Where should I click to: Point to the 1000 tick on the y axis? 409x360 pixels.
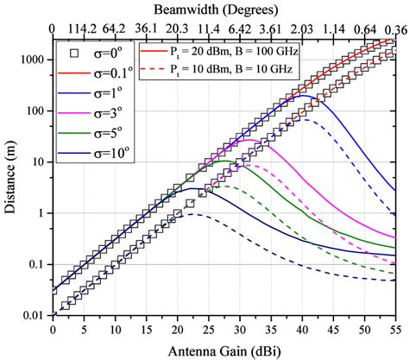click(x=33, y=60)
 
